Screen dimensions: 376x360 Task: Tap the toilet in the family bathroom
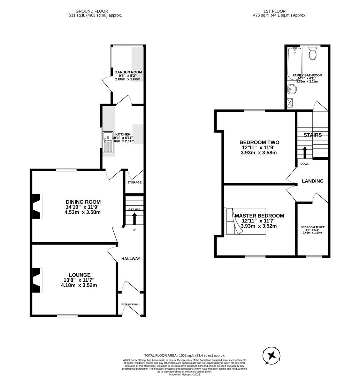pos(312,54)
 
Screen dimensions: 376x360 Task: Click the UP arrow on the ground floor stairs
pos(134,219)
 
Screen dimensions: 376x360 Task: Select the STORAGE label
pos(134,182)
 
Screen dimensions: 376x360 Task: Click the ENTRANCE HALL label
pos(131,304)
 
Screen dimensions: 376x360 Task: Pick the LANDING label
pos(312,181)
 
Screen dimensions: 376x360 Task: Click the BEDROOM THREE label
pos(312,227)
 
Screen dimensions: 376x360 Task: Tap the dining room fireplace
pos(37,206)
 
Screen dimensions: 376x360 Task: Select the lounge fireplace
pos(37,280)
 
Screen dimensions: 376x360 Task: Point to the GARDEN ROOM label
pos(128,72)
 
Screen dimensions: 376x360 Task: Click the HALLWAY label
pos(131,259)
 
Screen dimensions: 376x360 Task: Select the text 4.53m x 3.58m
pos(83,212)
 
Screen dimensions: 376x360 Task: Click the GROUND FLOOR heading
pos(92,11)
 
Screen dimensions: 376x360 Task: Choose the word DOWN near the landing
pos(305,164)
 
